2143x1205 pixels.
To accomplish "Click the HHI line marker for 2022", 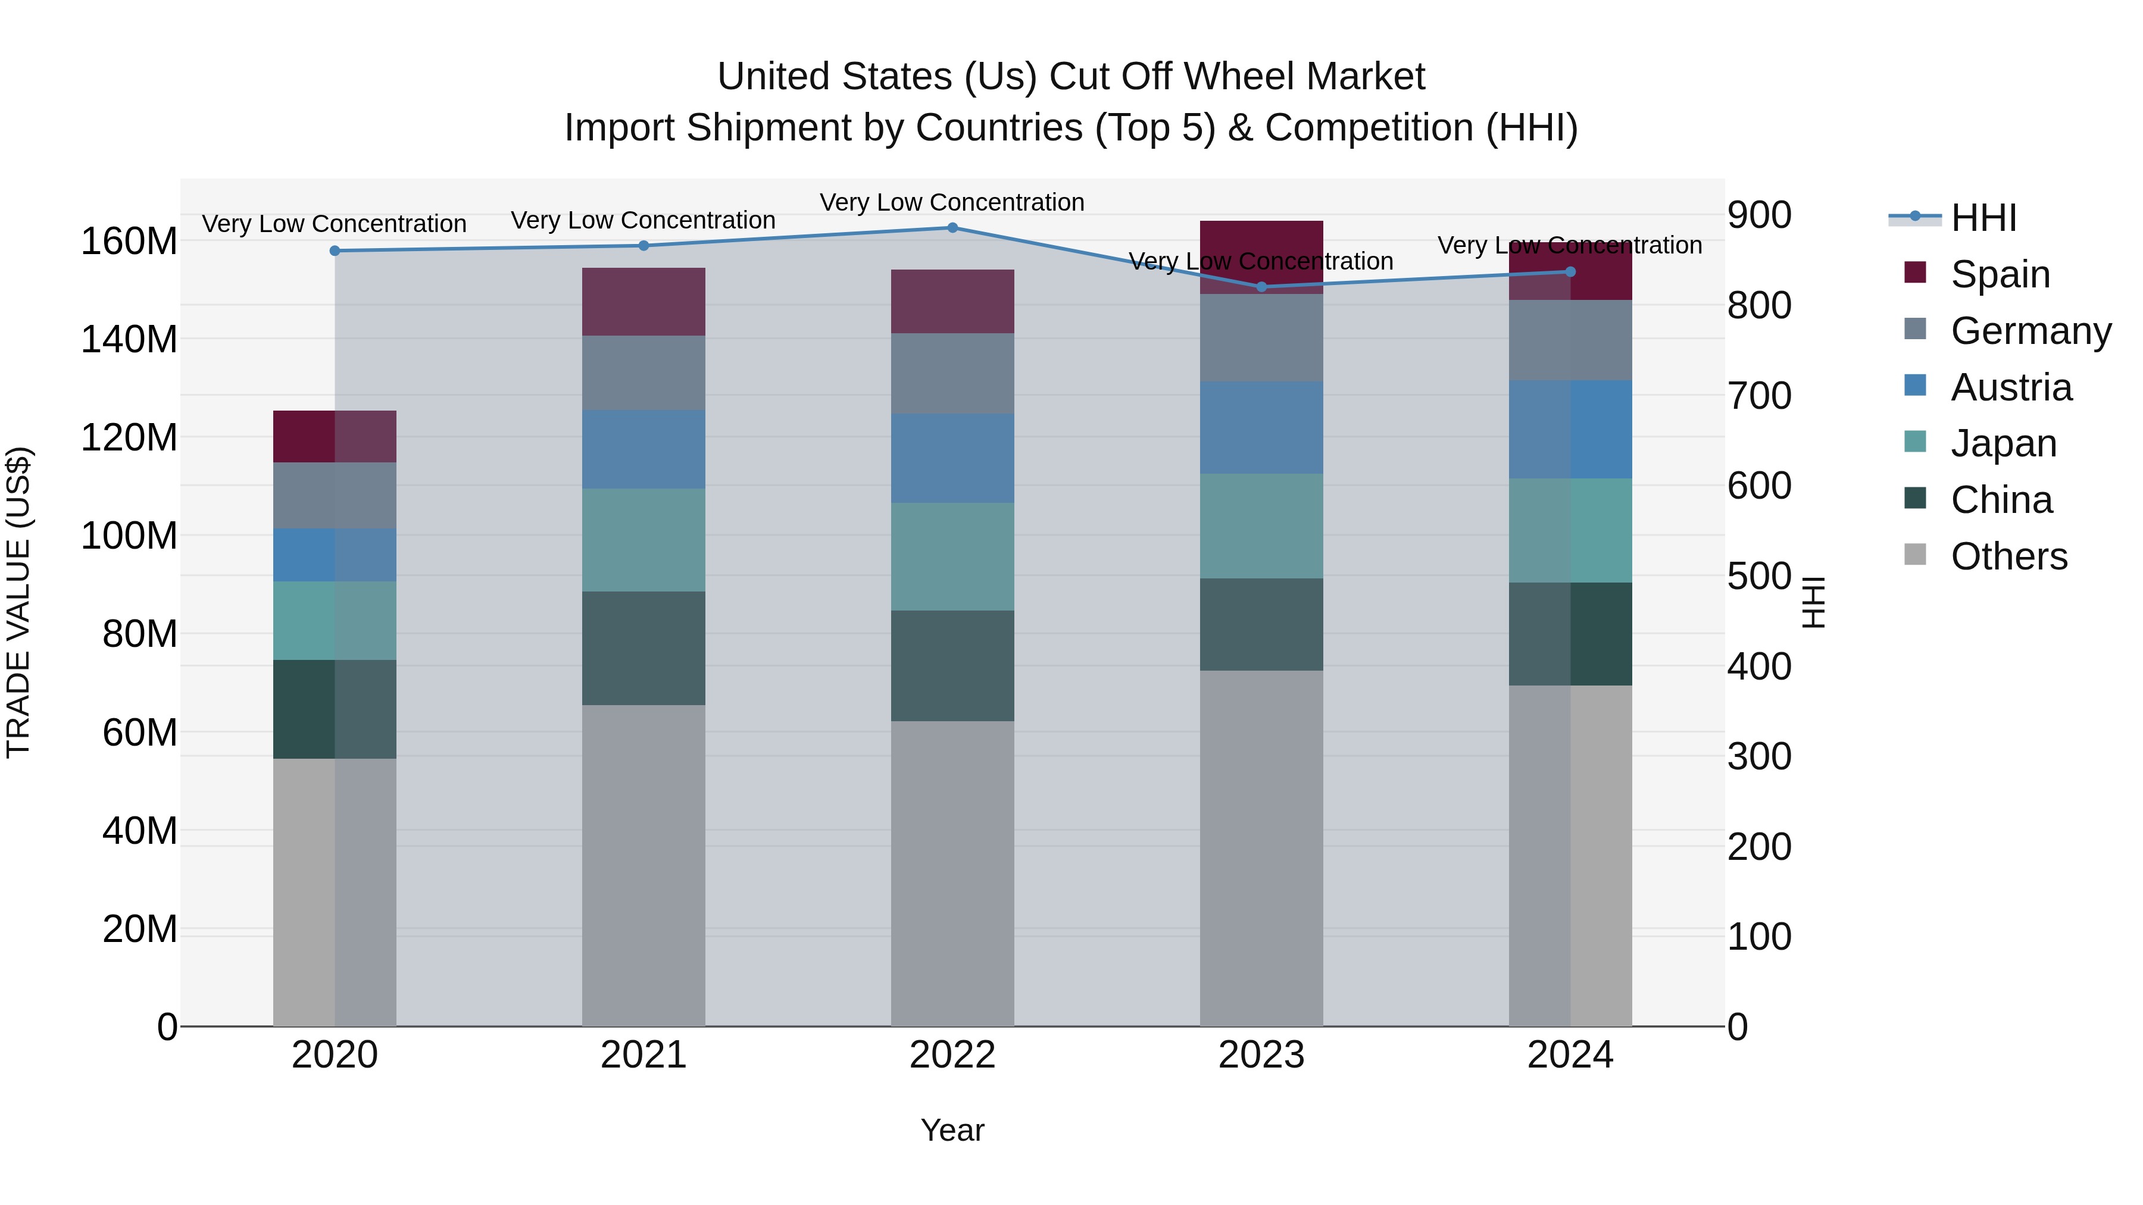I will tap(952, 228).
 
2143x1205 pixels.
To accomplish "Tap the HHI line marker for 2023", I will tap(1261, 287).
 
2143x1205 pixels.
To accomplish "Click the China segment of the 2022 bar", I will tap(952, 665).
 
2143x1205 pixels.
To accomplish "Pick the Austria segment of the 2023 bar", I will tap(1261, 427).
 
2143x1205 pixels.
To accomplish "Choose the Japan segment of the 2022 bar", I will tap(952, 556).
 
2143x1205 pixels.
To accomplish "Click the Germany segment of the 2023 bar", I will tap(1261, 337).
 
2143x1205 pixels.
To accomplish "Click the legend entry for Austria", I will tap(2010, 387).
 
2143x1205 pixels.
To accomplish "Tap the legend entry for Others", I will tap(2008, 556).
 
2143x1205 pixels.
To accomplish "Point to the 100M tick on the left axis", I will tap(129, 536).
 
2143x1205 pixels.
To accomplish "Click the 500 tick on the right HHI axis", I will tap(1758, 575).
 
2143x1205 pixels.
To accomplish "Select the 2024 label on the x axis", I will tap(1570, 1055).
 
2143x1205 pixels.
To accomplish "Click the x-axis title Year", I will tap(952, 1130).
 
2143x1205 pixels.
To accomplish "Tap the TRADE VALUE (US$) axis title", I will tap(19, 602).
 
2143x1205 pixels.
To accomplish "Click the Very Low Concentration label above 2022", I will tap(952, 202).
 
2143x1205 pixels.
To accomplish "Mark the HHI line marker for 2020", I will tap(335, 251).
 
